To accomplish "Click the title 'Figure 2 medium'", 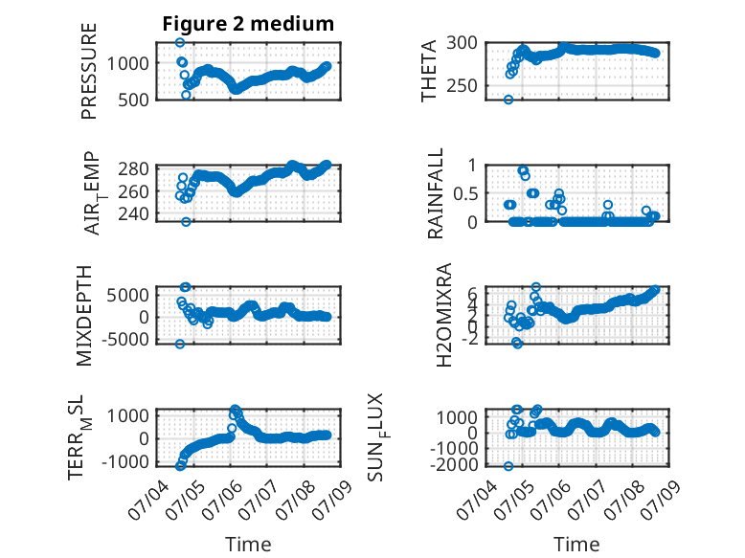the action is pyautogui.click(x=248, y=24).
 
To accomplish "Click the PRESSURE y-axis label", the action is pyautogui.click(x=89, y=71).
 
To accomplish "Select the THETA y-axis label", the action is pyautogui.click(x=429, y=71).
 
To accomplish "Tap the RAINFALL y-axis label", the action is pyautogui.click(x=435, y=192).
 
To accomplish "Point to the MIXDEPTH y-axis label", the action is pyautogui.click(x=83, y=315).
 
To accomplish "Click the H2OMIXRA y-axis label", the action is pyautogui.click(x=443, y=315).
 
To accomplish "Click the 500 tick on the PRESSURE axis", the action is pyautogui.click(x=133, y=100).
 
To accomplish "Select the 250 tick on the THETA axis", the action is pyautogui.click(x=462, y=86).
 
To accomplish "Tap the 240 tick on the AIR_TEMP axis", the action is pyautogui.click(x=133, y=214).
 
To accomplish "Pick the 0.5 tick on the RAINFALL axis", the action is pyautogui.click(x=465, y=193).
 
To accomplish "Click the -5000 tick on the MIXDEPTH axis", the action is pyautogui.click(x=124, y=339).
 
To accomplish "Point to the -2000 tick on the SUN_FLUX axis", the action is pyautogui.click(x=454, y=464).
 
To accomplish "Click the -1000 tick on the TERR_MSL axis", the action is pyautogui.click(x=124, y=461).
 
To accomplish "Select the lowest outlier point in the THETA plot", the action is pyautogui.click(x=508, y=100).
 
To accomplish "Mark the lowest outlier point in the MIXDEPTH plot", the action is pyautogui.click(x=180, y=344).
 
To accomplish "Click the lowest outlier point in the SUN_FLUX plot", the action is pyautogui.click(x=508, y=466).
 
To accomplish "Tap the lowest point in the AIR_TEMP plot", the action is pyautogui.click(x=186, y=222).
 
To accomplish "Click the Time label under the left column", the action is pyautogui.click(x=248, y=545).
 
